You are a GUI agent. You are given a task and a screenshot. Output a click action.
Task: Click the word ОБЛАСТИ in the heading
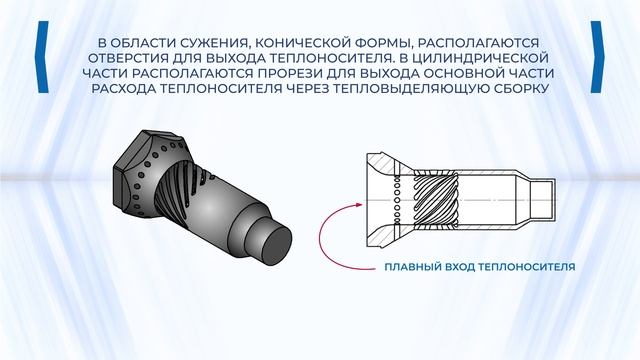[142, 43]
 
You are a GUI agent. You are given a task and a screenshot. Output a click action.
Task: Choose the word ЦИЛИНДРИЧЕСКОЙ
[480, 58]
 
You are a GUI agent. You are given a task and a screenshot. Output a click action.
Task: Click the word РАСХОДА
[122, 89]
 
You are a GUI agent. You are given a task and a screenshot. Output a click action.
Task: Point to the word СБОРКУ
[518, 89]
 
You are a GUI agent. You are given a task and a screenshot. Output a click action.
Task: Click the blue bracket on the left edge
[43, 57]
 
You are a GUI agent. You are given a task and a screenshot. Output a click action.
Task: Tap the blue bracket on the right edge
[597, 57]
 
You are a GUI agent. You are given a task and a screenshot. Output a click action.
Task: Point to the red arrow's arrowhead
[359, 204]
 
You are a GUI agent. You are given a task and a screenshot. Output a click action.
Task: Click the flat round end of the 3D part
[276, 247]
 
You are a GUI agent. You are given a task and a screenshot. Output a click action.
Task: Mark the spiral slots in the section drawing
[436, 200]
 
